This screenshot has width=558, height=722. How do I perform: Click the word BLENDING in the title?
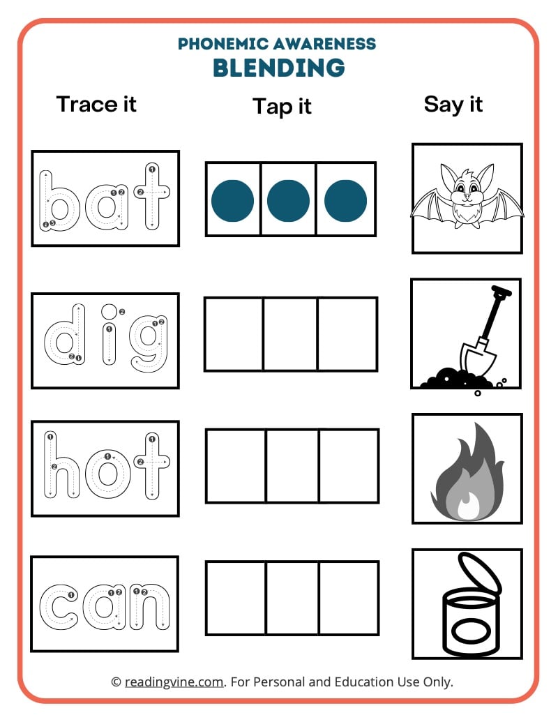tap(278, 68)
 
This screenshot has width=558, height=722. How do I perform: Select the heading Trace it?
tap(96, 104)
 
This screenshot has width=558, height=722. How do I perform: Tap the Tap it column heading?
tap(282, 107)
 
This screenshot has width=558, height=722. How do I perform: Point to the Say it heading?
tap(453, 104)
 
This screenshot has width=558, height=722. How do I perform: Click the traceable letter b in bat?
tap(61, 201)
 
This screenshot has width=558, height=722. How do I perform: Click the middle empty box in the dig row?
tap(290, 334)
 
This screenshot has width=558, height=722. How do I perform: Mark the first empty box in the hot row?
tap(236, 466)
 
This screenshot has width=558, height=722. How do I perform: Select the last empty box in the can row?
tap(349, 598)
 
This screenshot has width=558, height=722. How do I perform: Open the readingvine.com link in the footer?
tap(174, 682)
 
